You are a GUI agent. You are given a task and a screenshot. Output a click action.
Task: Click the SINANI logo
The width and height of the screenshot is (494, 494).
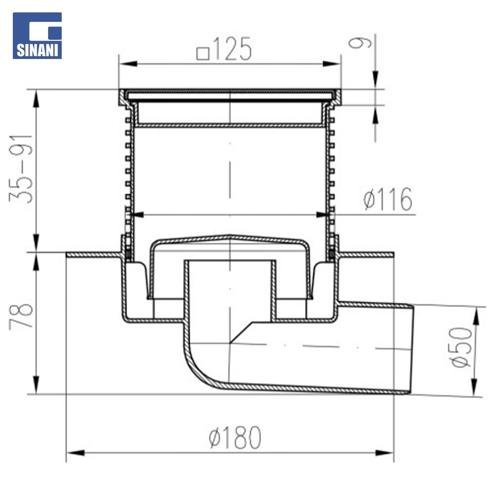[37, 36]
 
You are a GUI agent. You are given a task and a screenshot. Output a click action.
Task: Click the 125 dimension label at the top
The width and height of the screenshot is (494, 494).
[232, 49]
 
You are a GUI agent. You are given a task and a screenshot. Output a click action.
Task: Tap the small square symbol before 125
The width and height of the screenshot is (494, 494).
[203, 54]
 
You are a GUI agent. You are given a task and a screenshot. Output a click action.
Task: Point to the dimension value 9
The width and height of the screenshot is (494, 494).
[360, 43]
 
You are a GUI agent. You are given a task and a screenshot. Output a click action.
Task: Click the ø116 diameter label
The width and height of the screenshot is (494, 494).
[387, 199]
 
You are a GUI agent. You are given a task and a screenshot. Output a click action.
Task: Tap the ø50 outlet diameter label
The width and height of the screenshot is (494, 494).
[461, 347]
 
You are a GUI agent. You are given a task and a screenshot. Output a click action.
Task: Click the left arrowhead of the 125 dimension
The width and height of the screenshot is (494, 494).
[128, 64]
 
